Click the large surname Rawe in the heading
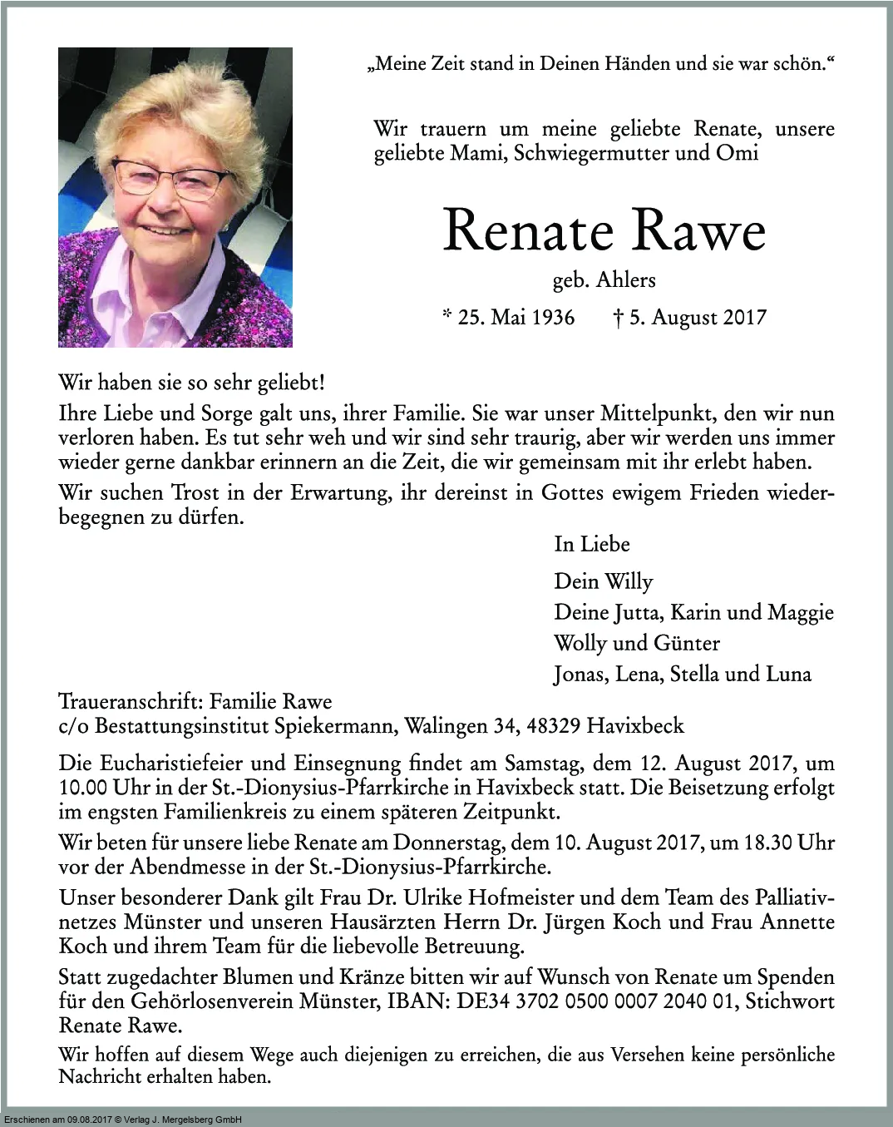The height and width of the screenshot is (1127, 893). click(700, 230)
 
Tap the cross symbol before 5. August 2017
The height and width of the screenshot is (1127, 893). click(618, 317)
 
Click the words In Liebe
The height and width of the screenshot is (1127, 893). click(592, 544)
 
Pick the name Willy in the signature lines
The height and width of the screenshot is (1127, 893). click(628, 581)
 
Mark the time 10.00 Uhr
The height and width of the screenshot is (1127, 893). click(94, 788)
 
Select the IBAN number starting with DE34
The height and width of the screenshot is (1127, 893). click(596, 1001)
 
